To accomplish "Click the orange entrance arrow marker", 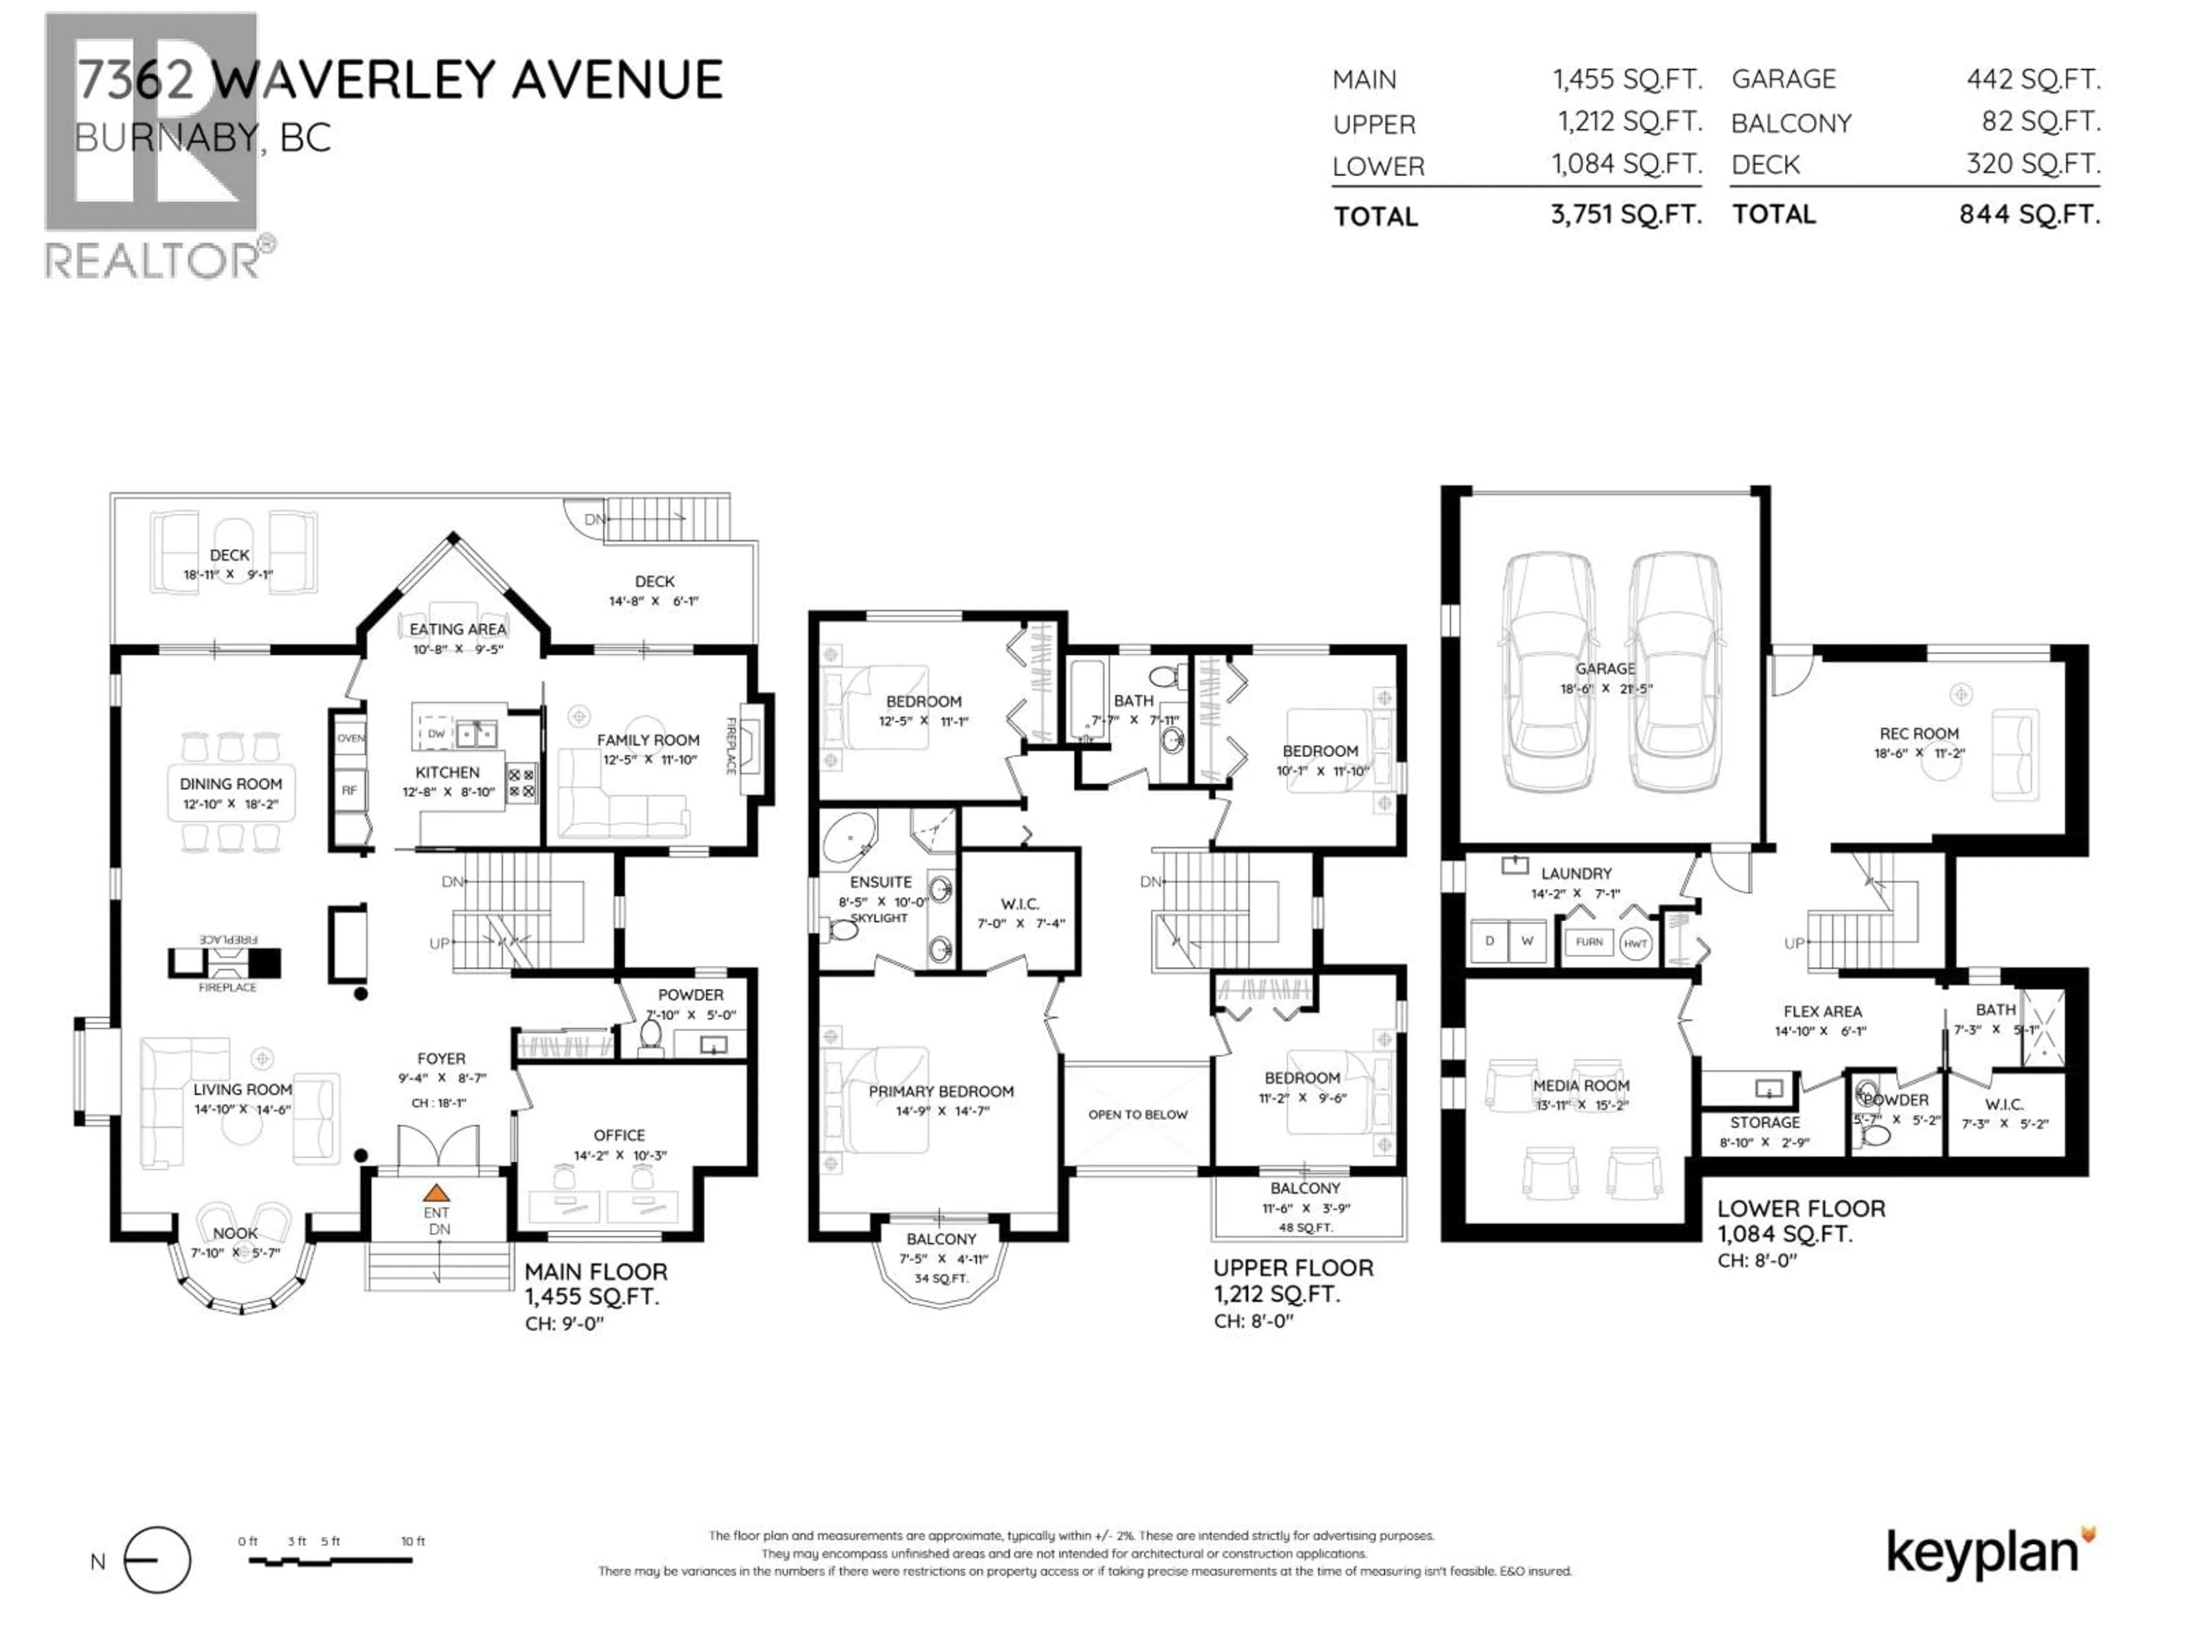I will (436, 1193).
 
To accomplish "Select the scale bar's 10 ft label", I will (413, 1541).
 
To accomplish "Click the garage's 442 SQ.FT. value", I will (2033, 79).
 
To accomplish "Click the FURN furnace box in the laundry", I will (1589, 942).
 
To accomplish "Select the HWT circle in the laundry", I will (1635, 944).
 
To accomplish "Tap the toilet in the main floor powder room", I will (651, 1035).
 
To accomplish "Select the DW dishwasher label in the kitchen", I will (436, 734).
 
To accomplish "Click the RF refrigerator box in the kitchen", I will (349, 791).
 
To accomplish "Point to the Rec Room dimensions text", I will (1919, 753).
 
